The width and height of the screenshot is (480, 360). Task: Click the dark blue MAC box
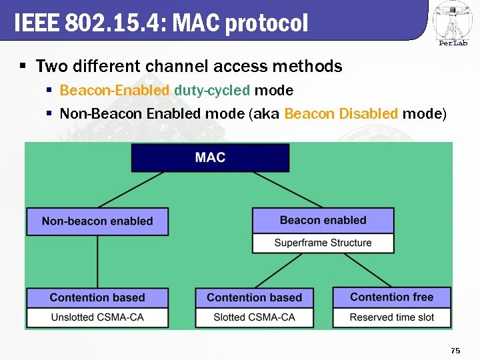click(210, 158)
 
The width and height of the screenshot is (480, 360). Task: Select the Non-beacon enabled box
click(97, 221)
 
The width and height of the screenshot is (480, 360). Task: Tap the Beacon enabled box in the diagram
click(323, 221)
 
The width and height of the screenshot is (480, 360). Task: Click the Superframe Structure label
click(323, 243)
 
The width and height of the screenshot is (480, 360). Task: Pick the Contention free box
click(391, 297)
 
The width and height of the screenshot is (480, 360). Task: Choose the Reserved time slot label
click(391, 317)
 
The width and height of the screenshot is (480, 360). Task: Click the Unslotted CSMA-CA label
click(97, 317)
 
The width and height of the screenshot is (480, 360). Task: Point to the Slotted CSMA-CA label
click(254, 317)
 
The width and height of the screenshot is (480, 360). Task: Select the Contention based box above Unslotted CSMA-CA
click(97, 297)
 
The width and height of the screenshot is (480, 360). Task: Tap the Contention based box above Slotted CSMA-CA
click(254, 297)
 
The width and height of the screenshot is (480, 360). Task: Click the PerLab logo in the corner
click(453, 24)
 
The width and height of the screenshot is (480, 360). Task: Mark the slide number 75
click(455, 351)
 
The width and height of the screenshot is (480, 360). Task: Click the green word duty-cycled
click(212, 90)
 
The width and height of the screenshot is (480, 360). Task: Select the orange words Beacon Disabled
click(341, 114)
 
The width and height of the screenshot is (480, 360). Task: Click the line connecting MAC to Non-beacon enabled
click(131, 190)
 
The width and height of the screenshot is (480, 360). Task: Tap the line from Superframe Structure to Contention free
click(357, 270)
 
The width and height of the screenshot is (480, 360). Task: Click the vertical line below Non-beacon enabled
click(97, 261)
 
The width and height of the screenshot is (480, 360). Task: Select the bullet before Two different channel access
click(23, 67)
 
